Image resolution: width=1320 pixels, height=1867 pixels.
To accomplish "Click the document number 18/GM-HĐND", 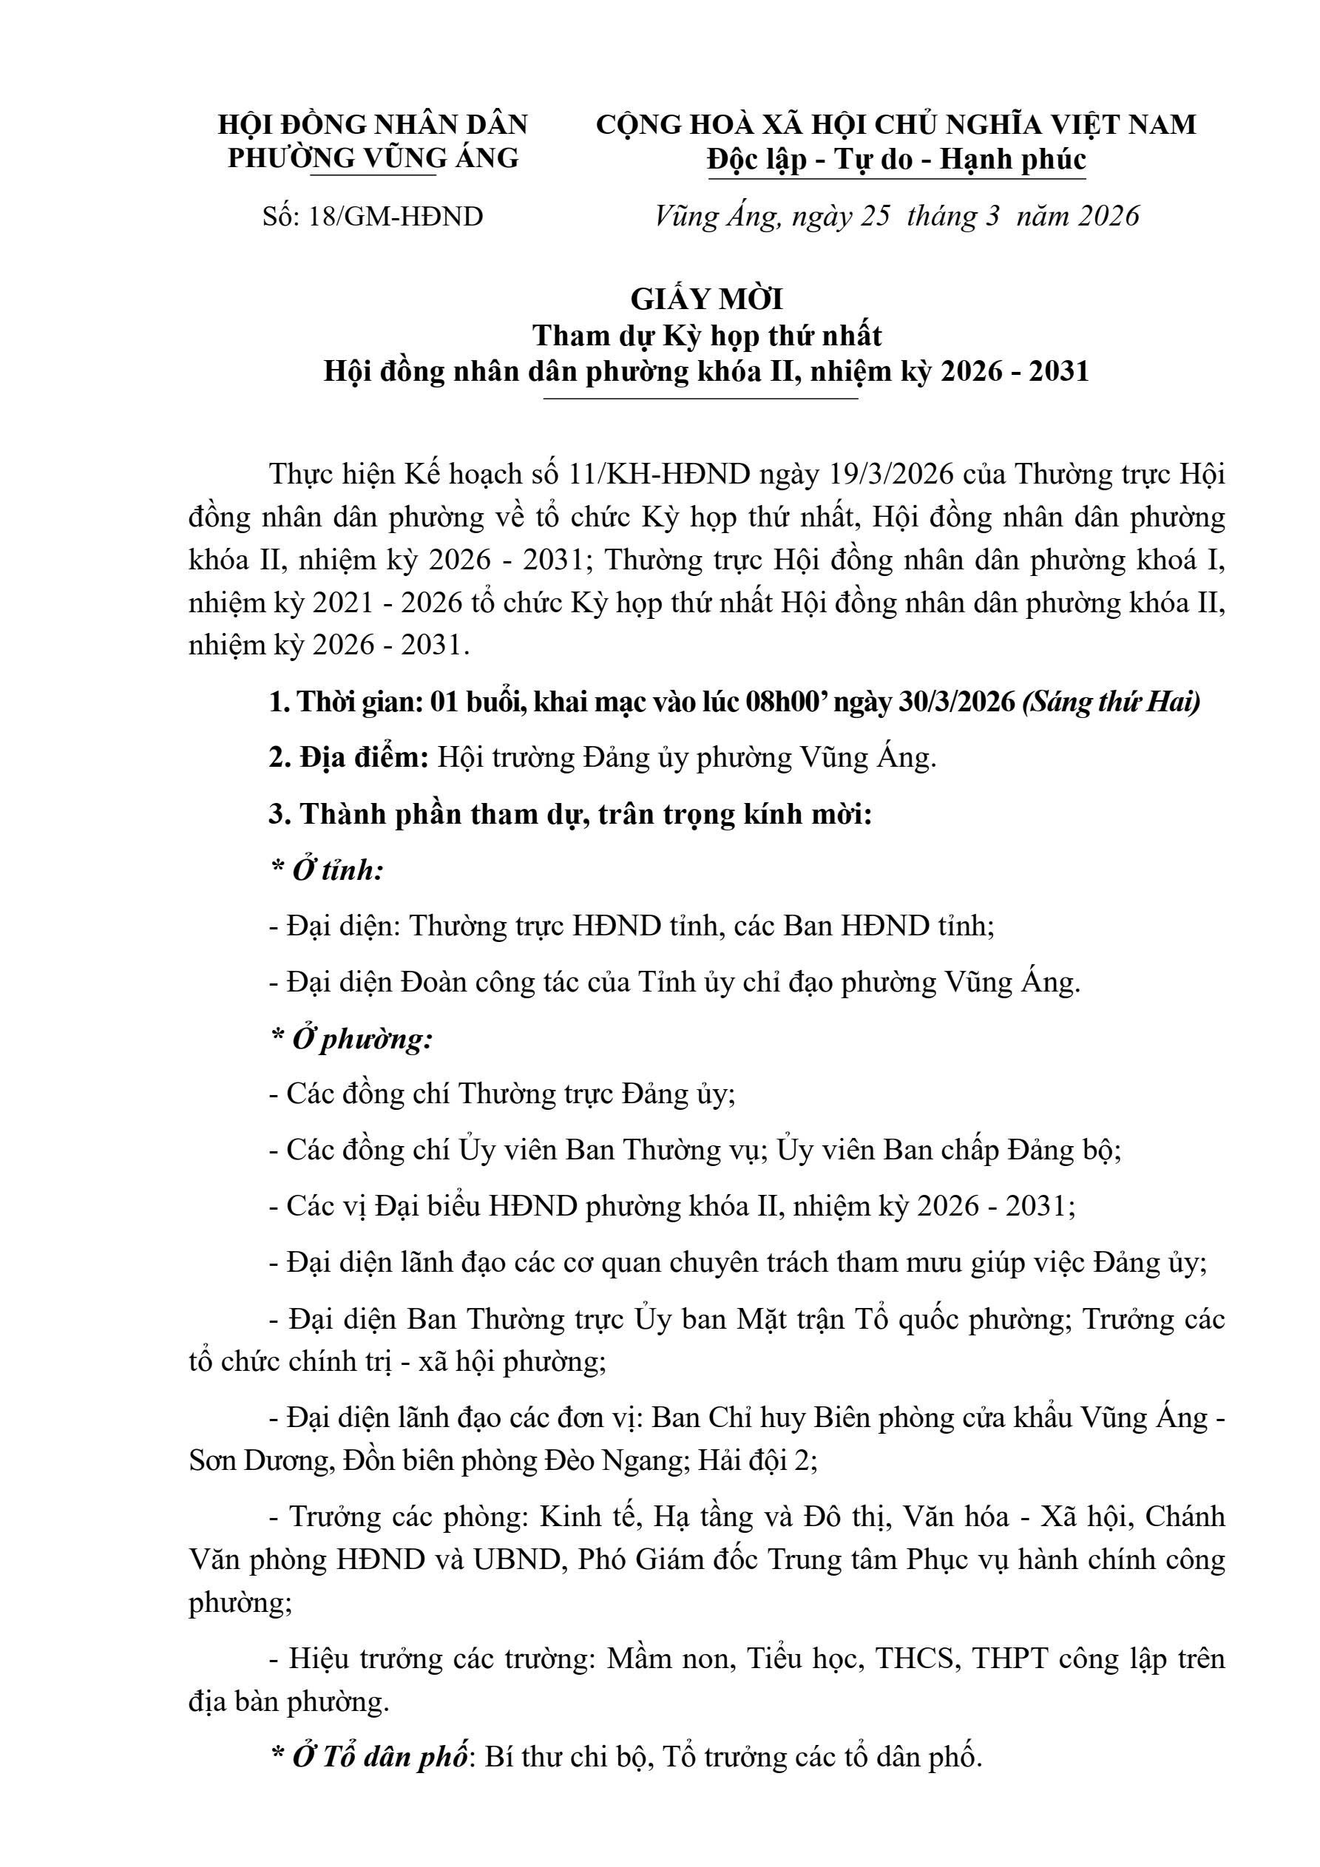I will [396, 217].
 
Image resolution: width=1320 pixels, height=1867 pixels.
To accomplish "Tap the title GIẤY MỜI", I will [706, 299].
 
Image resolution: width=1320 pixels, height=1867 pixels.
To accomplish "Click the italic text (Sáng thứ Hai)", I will [1111, 702].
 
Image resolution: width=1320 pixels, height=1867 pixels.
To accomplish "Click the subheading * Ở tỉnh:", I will [327, 871].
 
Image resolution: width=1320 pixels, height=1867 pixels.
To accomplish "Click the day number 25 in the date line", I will [875, 217].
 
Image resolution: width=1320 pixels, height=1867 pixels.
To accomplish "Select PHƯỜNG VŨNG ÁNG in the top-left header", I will [373, 157].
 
